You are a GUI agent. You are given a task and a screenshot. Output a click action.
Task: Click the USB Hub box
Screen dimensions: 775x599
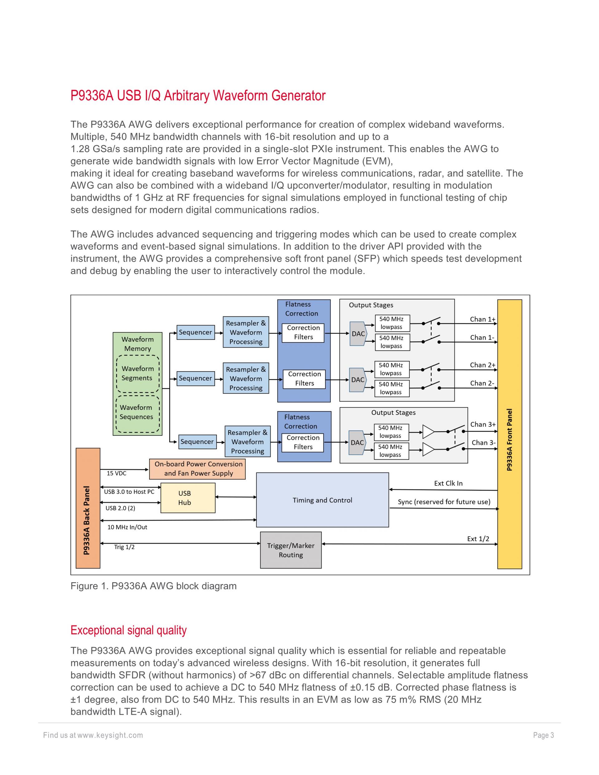pyautogui.click(x=188, y=498)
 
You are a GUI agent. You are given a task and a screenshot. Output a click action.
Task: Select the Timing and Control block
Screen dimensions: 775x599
pyautogui.click(x=322, y=500)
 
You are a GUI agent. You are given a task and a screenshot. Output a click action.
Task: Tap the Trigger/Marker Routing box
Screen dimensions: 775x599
pyautogui.click(x=291, y=550)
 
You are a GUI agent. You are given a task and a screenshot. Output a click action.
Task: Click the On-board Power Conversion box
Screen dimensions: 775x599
pyautogui.click(x=197, y=469)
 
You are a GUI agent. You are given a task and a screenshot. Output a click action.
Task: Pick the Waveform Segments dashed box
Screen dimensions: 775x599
pyautogui.click(x=138, y=373)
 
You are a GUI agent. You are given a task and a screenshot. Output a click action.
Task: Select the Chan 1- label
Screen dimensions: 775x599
pyautogui.click(x=482, y=338)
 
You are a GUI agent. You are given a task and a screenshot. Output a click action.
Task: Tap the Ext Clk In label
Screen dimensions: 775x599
pyautogui.click(x=448, y=483)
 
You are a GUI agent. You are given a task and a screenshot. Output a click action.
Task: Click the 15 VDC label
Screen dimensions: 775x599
pyautogui.click(x=116, y=473)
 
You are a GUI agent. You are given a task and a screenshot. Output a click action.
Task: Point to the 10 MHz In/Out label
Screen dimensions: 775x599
pyautogui.click(x=127, y=527)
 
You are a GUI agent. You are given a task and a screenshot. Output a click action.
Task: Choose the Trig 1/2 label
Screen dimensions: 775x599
pyautogui.click(x=124, y=547)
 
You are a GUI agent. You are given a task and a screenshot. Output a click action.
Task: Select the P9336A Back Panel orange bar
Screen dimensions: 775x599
pyautogui.click(x=88, y=508)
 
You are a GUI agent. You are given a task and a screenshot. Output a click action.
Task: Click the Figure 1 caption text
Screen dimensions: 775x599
pyautogui.click(x=153, y=586)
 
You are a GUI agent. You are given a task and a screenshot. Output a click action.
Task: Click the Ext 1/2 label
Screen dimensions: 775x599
pyautogui.click(x=478, y=539)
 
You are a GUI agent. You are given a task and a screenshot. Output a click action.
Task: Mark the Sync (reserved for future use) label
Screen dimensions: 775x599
pyautogui.click(x=444, y=502)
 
